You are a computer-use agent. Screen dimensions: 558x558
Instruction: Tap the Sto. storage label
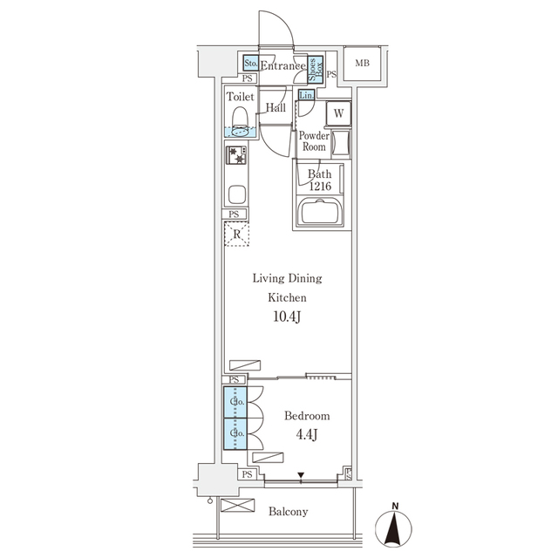click(x=250, y=64)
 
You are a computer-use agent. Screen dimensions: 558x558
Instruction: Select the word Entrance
click(x=283, y=65)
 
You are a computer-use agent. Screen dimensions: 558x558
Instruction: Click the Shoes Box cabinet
click(x=319, y=68)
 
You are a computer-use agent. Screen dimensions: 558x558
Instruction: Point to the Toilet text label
click(x=241, y=98)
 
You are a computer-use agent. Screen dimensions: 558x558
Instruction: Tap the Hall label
click(x=276, y=107)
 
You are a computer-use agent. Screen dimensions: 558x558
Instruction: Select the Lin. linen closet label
click(x=306, y=95)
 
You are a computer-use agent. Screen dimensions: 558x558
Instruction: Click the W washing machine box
click(x=338, y=112)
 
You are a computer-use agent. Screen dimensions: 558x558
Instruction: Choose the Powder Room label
click(x=314, y=141)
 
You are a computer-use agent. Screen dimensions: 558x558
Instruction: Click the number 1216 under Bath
click(x=319, y=187)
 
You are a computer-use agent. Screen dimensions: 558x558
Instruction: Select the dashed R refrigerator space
click(x=236, y=233)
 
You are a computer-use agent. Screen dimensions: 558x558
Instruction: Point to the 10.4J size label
click(x=287, y=316)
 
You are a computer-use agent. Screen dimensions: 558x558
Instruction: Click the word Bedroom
click(x=307, y=416)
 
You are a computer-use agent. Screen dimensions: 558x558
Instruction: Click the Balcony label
click(x=287, y=512)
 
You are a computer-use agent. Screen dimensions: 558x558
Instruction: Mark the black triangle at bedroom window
click(x=301, y=476)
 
